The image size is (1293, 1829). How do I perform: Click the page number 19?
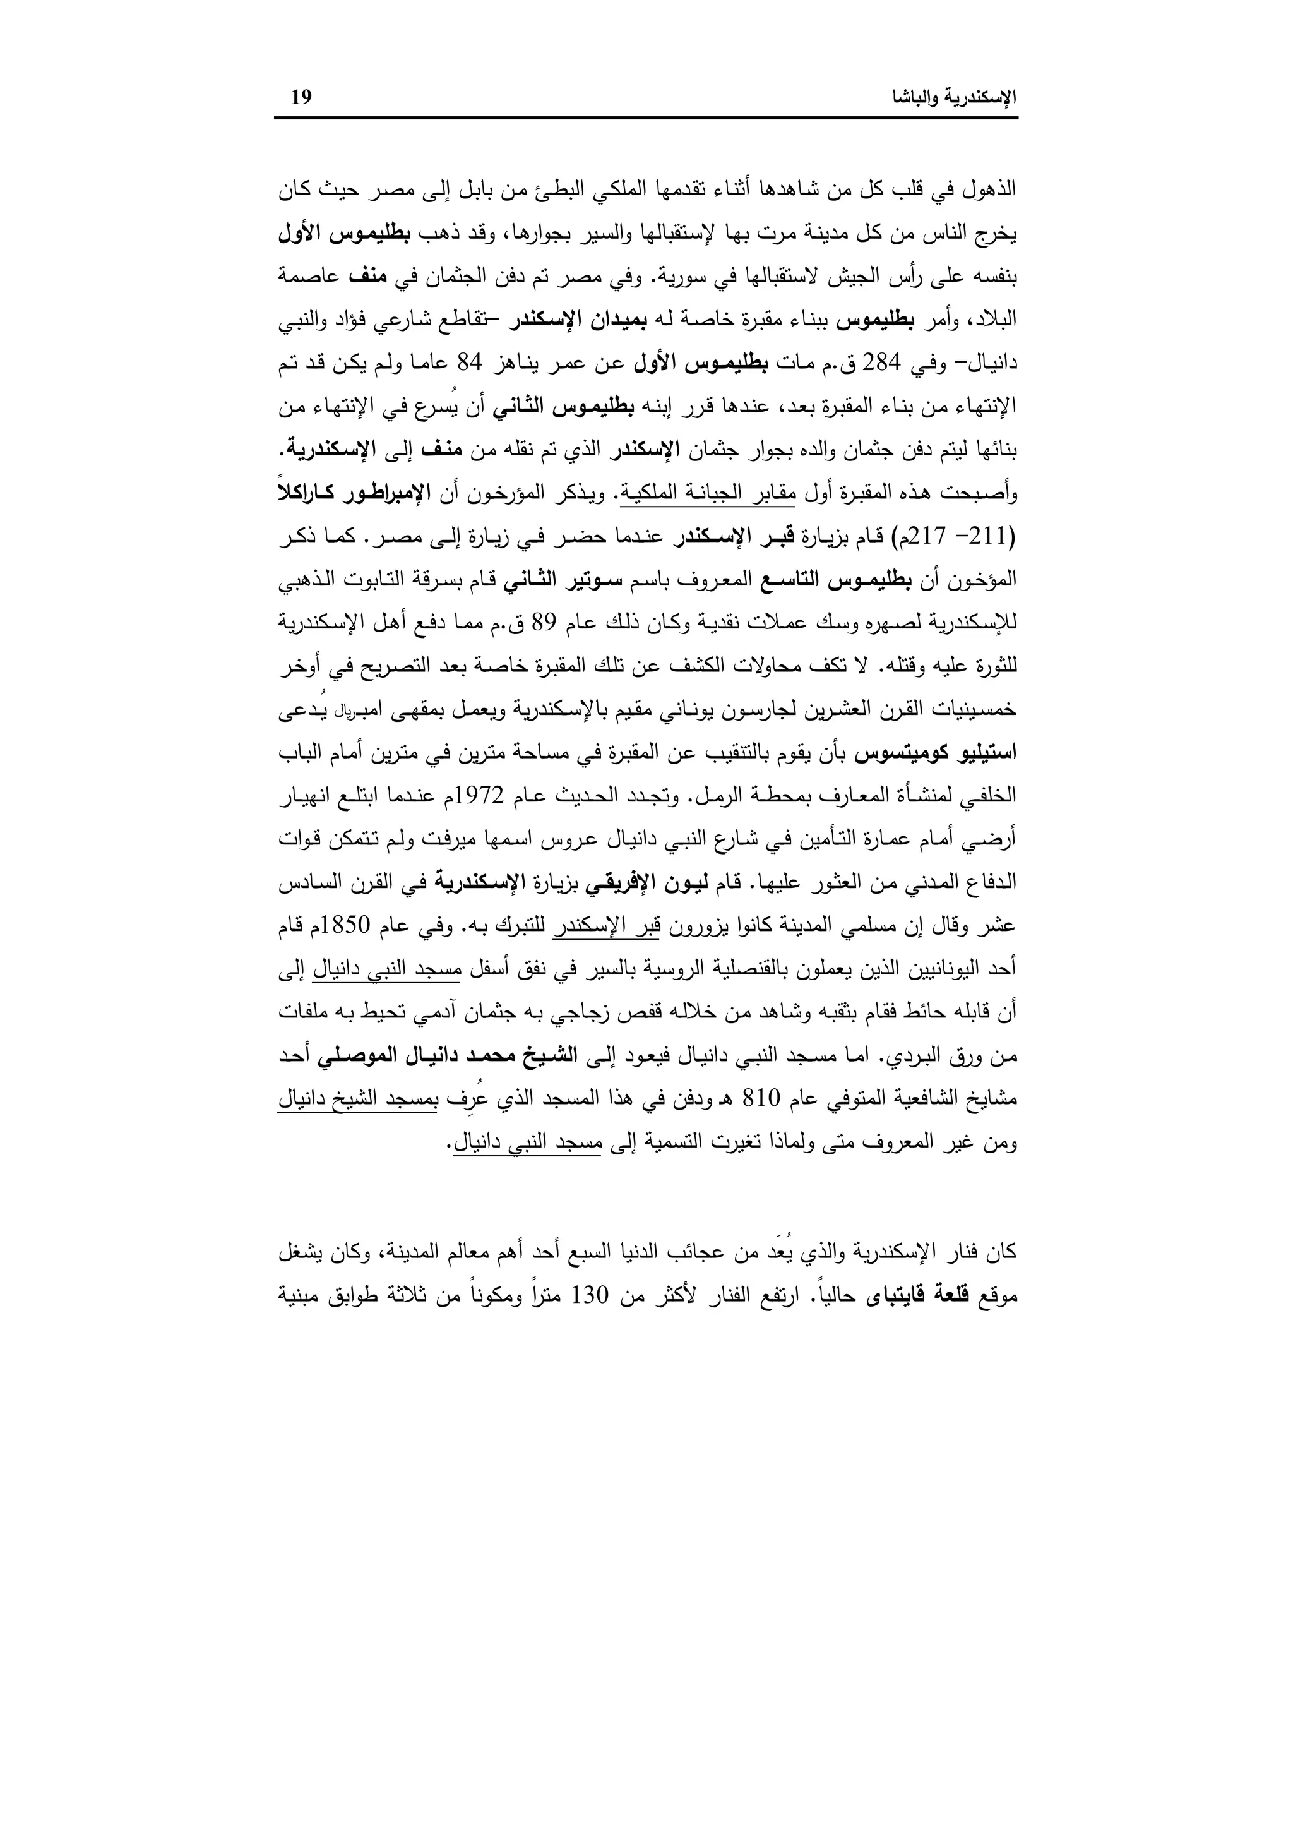(301, 98)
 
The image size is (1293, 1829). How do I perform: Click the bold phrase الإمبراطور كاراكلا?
(343, 494)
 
